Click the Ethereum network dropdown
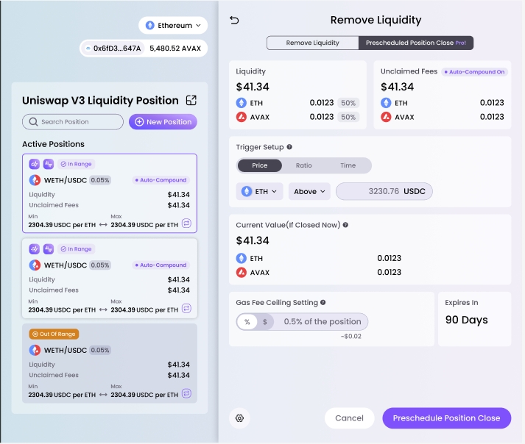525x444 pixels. [173, 26]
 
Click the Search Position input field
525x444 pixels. [73, 122]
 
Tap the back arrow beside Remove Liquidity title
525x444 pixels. [235, 21]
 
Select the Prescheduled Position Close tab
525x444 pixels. [415, 43]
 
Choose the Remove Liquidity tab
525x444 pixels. [312, 43]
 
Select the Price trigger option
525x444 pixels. [260, 165]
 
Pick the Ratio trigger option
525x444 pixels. [303, 165]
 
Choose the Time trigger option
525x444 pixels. [348, 165]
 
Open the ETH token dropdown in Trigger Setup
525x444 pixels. [260, 192]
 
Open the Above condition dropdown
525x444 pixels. [309, 192]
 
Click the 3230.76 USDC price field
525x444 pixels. [384, 192]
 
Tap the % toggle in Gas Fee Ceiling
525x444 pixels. [247, 322]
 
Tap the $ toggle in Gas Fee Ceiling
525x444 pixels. [265, 322]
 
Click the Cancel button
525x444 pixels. [349, 418]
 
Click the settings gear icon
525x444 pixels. [239, 418]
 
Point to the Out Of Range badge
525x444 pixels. [54, 334]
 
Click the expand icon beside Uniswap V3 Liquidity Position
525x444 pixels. [191, 101]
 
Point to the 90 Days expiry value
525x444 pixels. [466, 321]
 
